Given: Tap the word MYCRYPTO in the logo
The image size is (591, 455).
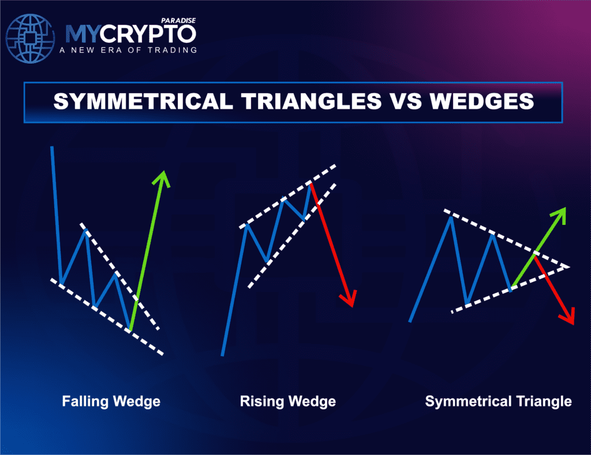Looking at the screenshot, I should (130, 34).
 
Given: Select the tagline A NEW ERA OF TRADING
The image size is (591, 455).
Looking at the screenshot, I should (128, 50).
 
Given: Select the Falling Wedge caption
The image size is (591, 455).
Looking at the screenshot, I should (111, 401).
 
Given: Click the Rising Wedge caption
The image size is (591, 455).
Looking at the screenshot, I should (288, 401).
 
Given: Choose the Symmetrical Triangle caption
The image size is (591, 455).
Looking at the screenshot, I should (498, 401).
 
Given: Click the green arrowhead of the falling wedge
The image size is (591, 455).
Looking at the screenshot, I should (164, 177).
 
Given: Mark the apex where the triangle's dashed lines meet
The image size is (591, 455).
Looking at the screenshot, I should (569, 267).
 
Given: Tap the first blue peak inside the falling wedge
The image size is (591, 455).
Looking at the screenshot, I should (86, 231).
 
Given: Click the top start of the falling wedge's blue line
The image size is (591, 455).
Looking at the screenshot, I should (52, 148).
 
